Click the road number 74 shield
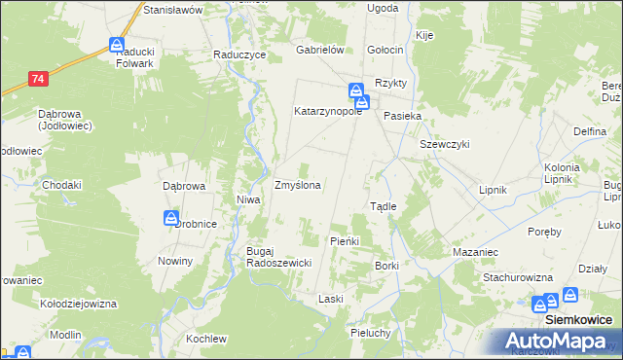[38, 78]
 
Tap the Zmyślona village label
[299, 184]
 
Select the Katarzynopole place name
[328, 111]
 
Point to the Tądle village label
[383, 206]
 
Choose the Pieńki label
[345, 240]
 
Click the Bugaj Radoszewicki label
[277, 257]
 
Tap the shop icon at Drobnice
[171, 218]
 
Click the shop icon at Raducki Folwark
[116, 45]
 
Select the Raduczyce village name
[239, 55]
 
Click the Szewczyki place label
[445, 144]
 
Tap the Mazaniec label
[475, 252]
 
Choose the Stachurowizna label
[519, 277]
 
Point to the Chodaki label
[61, 185]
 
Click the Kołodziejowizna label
[78, 304]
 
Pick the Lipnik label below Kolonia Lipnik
[495, 190]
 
